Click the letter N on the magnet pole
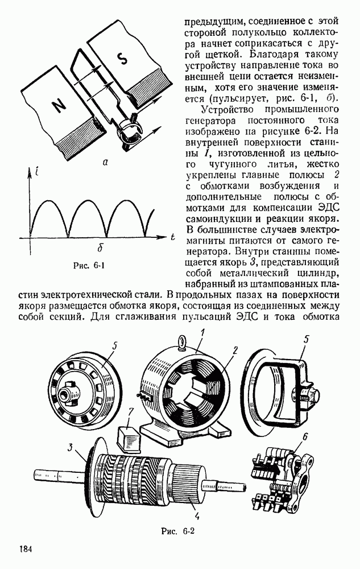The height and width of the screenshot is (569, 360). [58, 106]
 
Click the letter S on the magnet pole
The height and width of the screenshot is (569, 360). [123, 59]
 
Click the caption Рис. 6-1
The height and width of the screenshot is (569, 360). [89, 265]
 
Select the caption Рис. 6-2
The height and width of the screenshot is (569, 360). [178, 531]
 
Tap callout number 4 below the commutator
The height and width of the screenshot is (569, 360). [197, 516]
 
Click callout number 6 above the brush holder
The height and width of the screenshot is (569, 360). [304, 437]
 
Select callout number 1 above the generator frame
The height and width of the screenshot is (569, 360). [204, 332]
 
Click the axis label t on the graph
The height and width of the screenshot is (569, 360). [173, 238]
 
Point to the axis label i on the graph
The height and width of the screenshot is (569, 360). [38, 173]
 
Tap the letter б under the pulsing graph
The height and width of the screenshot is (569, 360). [101, 248]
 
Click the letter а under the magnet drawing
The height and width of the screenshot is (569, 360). [105, 162]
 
